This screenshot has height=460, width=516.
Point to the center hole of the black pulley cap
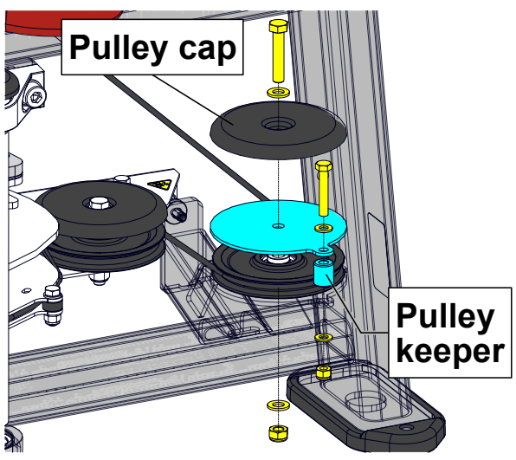277,126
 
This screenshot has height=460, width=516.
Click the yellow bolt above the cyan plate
324,186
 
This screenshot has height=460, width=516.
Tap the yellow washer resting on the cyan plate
325,228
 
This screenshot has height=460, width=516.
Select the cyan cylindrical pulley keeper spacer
324,272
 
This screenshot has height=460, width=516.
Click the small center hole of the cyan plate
277,227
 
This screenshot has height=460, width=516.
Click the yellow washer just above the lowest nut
277,405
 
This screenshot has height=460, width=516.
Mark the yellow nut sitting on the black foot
324,373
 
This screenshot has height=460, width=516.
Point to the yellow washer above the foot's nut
324,337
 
